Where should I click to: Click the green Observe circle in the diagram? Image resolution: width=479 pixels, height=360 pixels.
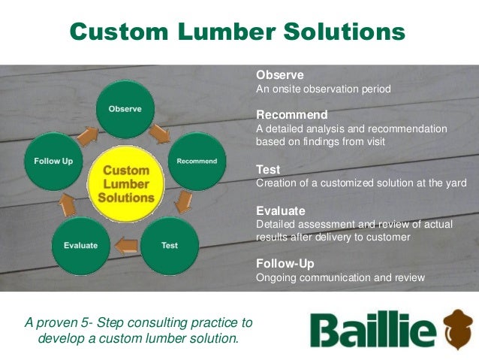(x=125, y=109)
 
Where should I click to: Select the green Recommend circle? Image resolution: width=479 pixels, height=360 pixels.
(x=196, y=161)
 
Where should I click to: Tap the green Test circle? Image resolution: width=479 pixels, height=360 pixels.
(x=170, y=246)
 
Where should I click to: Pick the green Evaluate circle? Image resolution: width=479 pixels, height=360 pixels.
(x=80, y=246)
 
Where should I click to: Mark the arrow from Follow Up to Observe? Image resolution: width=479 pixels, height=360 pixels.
(x=87, y=134)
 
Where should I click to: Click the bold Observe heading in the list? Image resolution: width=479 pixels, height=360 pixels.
(x=280, y=75)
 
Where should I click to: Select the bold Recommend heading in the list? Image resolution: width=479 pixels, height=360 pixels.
(x=291, y=115)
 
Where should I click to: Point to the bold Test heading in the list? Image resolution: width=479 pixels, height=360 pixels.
(x=268, y=170)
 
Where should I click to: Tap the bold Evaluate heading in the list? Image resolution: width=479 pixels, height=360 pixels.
(x=282, y=211)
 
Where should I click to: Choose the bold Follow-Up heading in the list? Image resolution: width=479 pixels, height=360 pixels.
(x=285, y=264)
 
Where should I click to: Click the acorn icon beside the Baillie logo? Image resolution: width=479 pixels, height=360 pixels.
(x=458, y=330)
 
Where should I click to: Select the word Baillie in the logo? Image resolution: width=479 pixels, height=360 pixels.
(x=372, y=331)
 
